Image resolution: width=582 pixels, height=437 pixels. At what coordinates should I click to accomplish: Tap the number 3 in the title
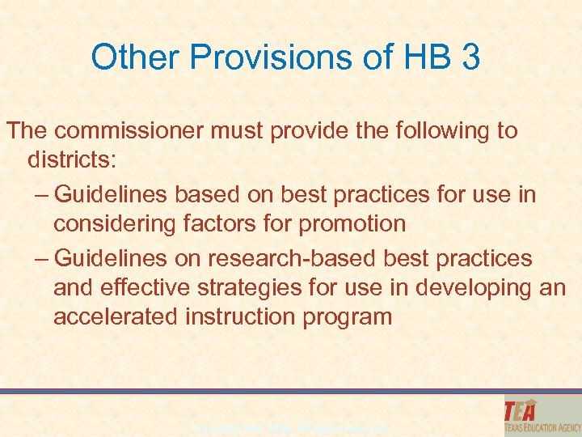pos(470,58)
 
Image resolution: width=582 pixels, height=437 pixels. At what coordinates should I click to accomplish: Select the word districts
pos(72,159)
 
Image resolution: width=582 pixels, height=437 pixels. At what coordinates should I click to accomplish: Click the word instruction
pos(240,316)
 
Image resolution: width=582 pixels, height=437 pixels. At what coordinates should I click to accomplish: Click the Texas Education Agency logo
pos(539,415)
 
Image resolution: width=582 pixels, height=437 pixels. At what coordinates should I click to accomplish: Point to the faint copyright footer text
pos(291,426)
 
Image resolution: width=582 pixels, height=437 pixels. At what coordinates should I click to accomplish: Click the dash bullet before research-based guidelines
pos(42,258)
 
